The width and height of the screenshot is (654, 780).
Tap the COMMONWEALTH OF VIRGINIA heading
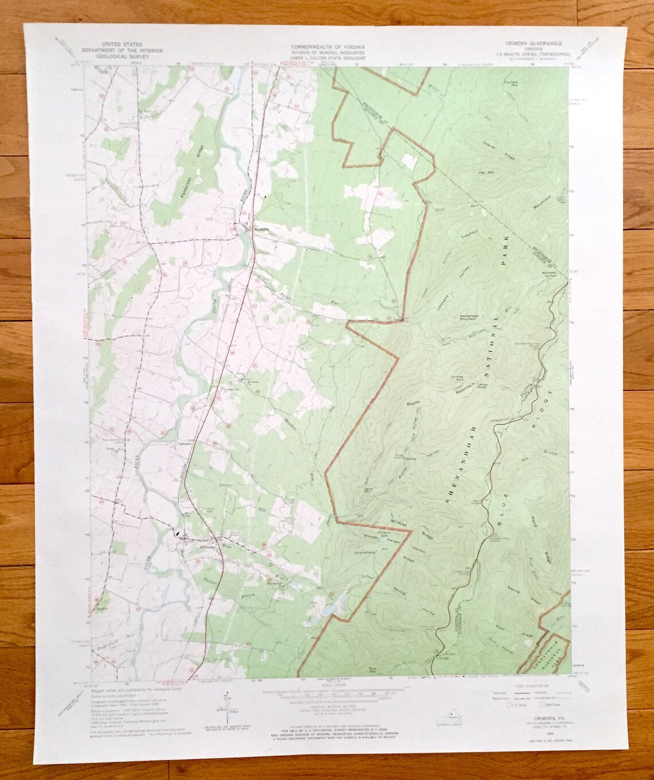[x=326, y=45]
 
